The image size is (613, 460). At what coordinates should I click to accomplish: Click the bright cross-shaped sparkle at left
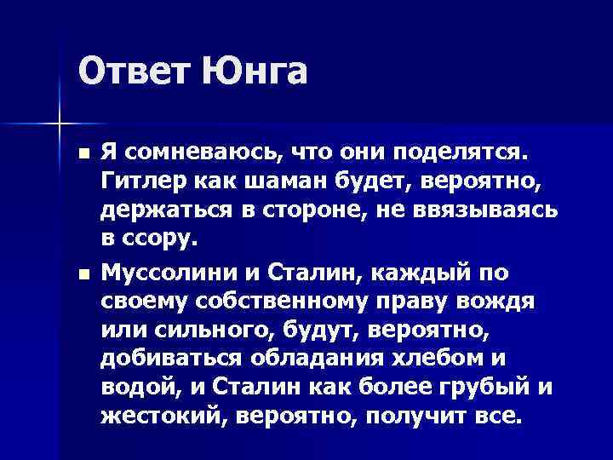point(59,124)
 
